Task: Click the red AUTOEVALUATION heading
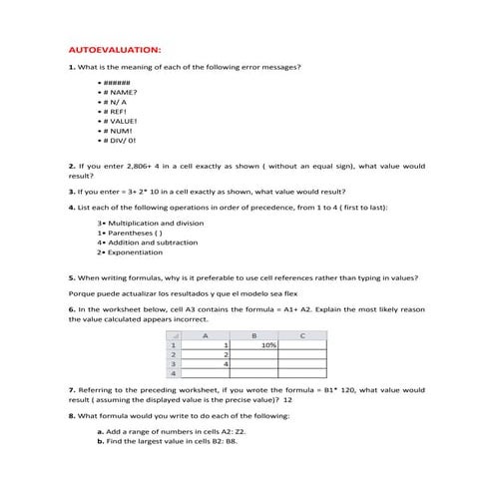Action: pyautogui.click(x=113, y=49)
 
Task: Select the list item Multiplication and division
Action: pyautogui.click(x=150, y=223)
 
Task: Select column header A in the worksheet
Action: pyautogui.click(x=206, y=335)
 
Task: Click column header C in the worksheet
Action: pyautogui.click(x=302, y=335)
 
